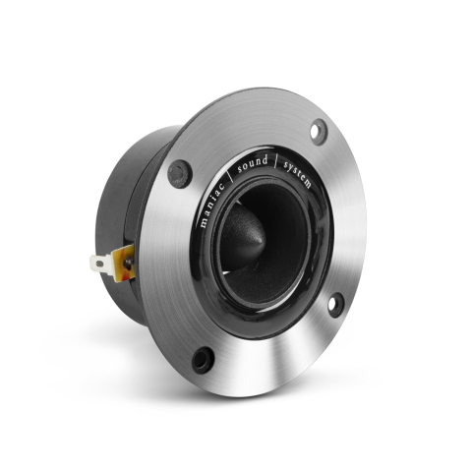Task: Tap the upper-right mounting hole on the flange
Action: tap(319, 131)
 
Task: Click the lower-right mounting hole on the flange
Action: tap(334, 304)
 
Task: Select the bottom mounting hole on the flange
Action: tap(204, 358)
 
